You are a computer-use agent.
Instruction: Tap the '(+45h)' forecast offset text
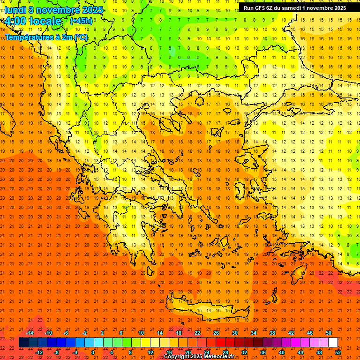(x=81, y=21)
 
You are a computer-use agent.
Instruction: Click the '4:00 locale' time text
(x=33, y=21)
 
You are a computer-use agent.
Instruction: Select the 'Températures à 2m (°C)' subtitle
(x=46, y=37)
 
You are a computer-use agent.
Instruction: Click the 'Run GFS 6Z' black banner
(x=295, y=8)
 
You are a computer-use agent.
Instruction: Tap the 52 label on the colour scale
(x=338, y=352)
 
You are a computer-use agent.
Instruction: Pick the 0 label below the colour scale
(x=92, y=352)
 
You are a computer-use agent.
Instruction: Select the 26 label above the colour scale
(x=216, y=333)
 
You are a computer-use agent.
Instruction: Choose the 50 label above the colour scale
(x=328, y=333)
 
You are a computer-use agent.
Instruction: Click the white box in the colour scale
(x=333, y=343)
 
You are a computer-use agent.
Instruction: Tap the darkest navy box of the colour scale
(x=23, y=343)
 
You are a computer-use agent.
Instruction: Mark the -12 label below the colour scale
(x=39, y=352)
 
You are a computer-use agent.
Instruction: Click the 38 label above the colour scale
(x=272, y=333)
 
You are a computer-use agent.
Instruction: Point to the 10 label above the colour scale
(x=141, y=333)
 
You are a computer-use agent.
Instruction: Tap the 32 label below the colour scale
(x=244, y=352)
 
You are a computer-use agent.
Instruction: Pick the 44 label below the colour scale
(x=300, y=352)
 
